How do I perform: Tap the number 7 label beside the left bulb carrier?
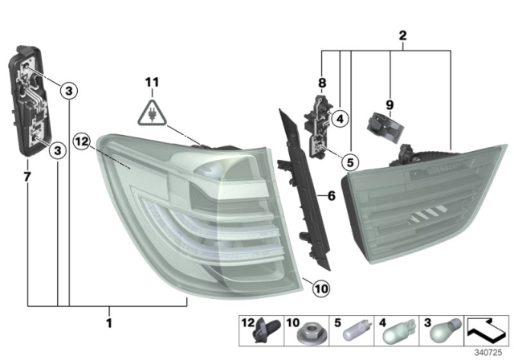28,174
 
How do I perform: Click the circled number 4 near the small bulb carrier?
340,120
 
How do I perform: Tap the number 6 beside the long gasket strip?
330,194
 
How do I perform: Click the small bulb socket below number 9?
383,125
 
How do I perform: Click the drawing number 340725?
488,350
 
